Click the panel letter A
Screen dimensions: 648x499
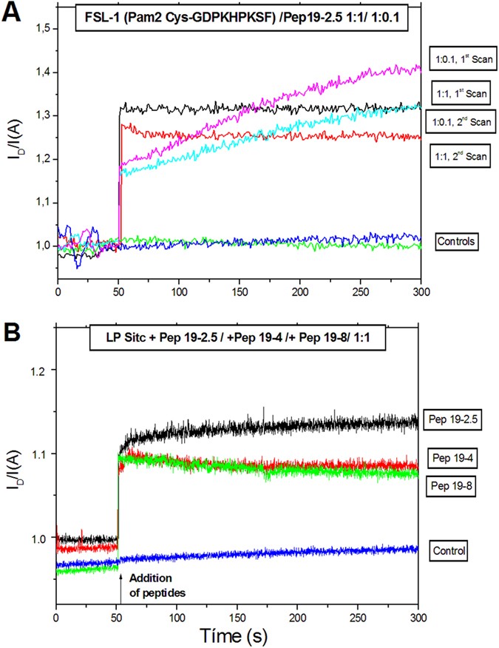pyautogui.click(x=13, y=13)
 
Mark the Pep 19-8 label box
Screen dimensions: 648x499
pyautogui.click(x=454, y=487)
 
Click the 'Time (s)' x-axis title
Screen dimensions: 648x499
pyautogui.click(x=237, y=634)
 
